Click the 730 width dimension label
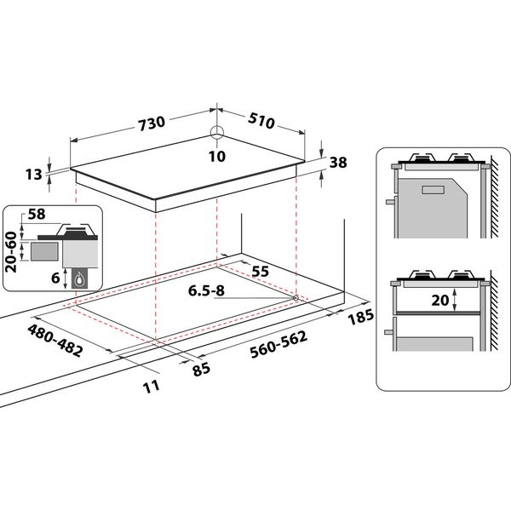pyautogui.click(x=151, y=123)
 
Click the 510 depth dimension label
pyautogui.click(x=261, y=121)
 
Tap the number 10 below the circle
pyautogui.click(x=216, y=156)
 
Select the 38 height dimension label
pyautogui.click(x=339, y=161)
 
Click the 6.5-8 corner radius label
pyautogui.click(x=206, y=291)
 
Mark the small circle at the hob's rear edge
pyautogui.click(x=216, y=133)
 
